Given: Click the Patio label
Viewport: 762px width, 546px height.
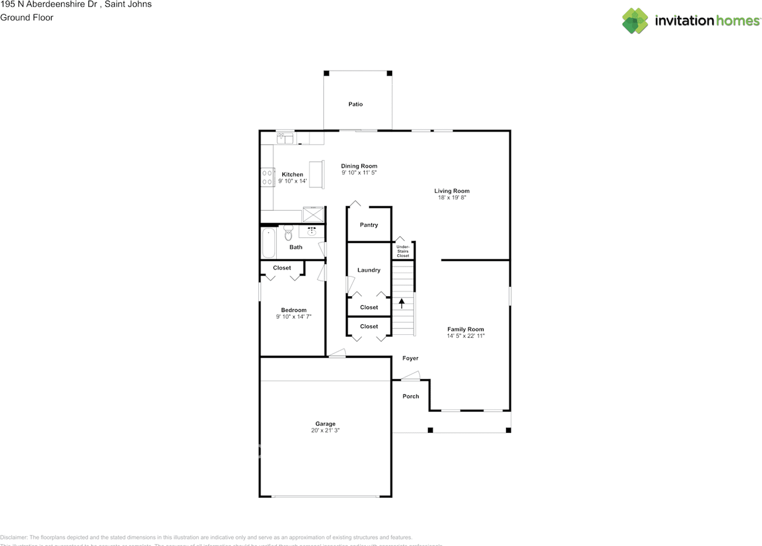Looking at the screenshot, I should (x=355, y=104).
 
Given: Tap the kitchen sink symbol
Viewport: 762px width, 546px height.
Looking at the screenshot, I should (x=285, y=139).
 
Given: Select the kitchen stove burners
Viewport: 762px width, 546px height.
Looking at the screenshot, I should (x=266, y=177).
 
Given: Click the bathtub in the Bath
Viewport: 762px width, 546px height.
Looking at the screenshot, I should (x=268, y=242).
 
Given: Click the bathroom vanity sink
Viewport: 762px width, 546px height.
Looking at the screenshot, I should (x=311, y=231).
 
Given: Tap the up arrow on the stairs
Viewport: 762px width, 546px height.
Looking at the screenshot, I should (x=402, y=303).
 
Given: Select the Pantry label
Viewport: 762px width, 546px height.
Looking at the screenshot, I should (x=369, y=225).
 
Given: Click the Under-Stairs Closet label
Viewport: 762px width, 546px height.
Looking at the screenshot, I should (x=403, y=251).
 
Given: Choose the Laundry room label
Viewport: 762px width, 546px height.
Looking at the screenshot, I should (x=368, y=270).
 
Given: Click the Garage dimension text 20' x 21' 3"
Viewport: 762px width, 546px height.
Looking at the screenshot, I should (x=325, y=430).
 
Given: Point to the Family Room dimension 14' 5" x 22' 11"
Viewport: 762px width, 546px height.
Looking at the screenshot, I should (x=466, y=336).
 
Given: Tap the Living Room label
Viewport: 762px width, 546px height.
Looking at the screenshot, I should (x=452, y=191).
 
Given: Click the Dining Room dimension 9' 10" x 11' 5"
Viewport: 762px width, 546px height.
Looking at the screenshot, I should (x=359, y=172).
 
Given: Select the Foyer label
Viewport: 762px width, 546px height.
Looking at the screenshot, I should (x=410, y=358).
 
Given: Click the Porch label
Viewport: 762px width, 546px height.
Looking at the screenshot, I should (x=411, y=396).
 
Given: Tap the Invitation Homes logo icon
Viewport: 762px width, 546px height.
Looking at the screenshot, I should (x=635, y=21).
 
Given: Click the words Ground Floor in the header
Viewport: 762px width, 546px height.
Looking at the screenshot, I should (x=27, y=17).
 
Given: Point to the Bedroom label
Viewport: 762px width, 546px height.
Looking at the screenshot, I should (x=293, y=310).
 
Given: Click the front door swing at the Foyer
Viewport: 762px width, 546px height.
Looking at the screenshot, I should (x=410, y=376).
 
